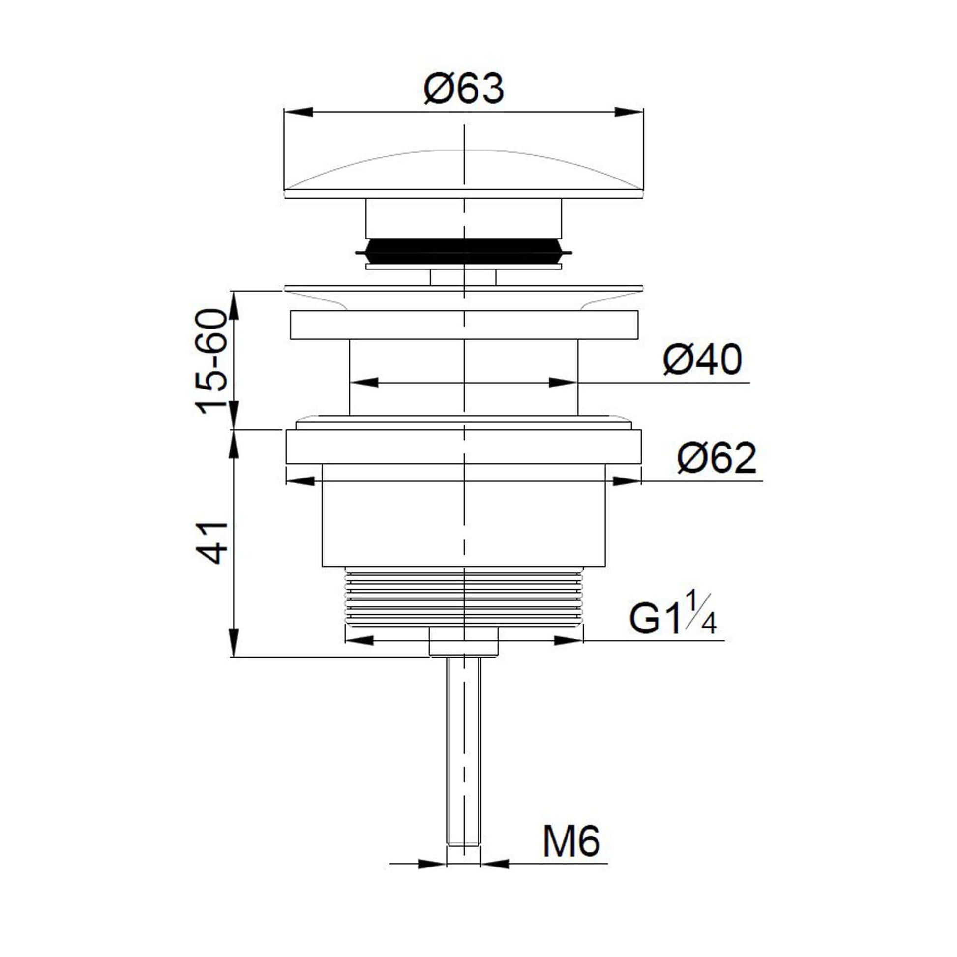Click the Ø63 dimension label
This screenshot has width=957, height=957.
(464, 89)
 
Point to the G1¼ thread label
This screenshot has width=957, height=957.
(673, 614)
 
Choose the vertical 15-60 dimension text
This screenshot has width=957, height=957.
(211, 361)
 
